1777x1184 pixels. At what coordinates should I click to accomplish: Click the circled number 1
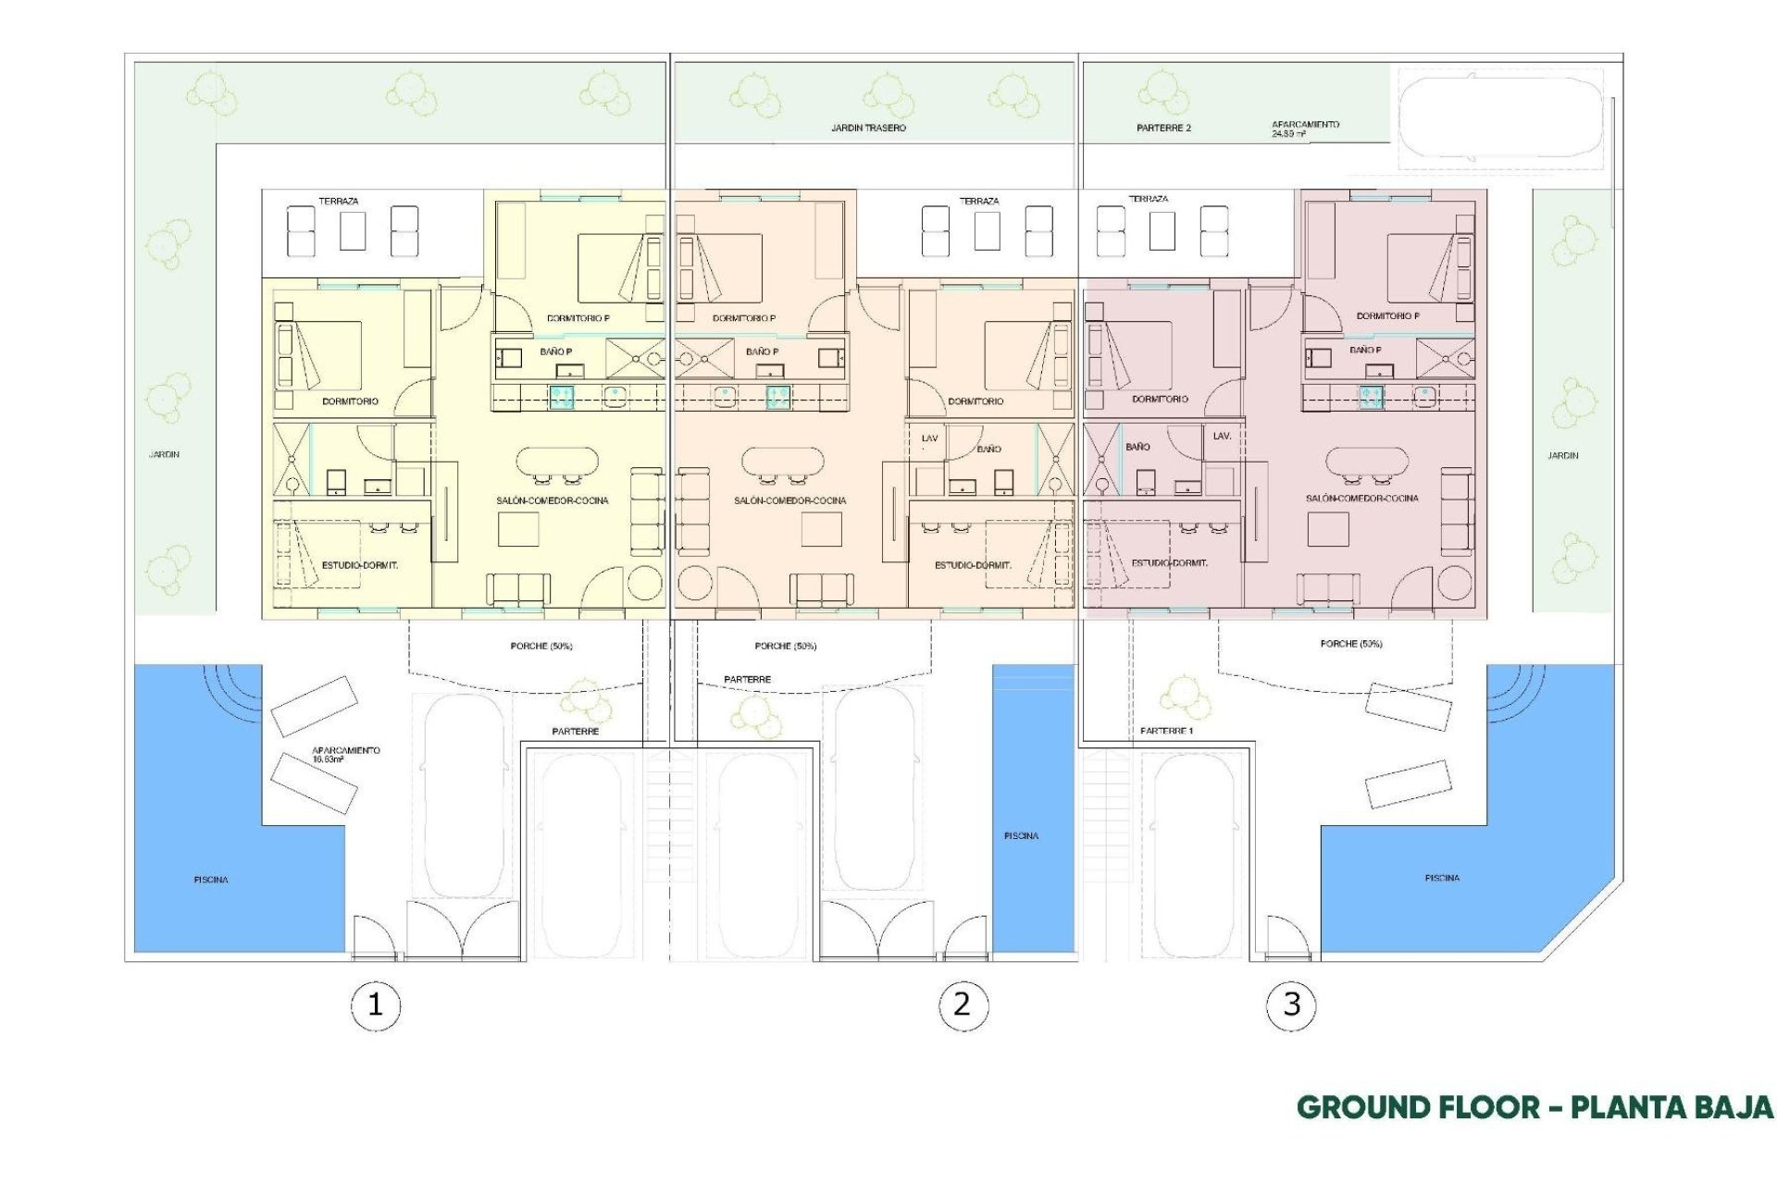pyautogui.click(x=375, y=1005)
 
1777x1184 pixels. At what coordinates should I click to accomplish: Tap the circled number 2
pyautogui.click(x=963, y=1005)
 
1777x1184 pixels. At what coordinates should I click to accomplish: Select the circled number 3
pyautogui.click(x=1291, y=1005)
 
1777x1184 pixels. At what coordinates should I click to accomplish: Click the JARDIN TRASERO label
pyautogui.click(x=868, y=128)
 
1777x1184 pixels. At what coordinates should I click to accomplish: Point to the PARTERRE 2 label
pyautogui.click(x=1163, y=128)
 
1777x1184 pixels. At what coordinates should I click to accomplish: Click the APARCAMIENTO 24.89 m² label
pyautogui.click(x=1305, y=129)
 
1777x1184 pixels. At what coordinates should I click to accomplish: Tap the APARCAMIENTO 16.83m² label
pyautogui.click(x=345, y=754)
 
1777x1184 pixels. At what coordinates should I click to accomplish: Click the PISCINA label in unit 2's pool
pyautogui.click(x=1021, y=835)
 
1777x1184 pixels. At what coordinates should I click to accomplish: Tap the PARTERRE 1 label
pyautogui.click(x=1166, y=731)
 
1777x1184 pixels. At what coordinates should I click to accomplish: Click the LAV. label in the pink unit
pyautogui.click(x=1222, y=436)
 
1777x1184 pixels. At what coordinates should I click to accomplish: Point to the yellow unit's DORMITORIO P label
pyautogui.click(x=578, y=318)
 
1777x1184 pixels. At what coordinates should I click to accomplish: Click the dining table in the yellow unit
pyautogui.click(x=556, y=460)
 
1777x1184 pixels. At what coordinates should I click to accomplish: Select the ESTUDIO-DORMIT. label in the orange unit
pyautogui.click(x=973, y=565)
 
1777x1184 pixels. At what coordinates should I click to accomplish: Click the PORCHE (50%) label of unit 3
pyautogui.click(x=1351, y=643)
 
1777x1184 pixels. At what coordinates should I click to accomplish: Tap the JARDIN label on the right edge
pyautogui.click(x=1562, y=455)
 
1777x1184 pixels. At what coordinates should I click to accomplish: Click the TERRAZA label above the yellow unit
pyautogui.click(x=339, y=201)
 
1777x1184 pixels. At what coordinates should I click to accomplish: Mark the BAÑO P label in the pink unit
pyautogui.click(x=1365, y=350)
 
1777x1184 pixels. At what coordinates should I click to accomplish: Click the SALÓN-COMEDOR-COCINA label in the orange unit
pyautogui.click(x=789, y=500)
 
